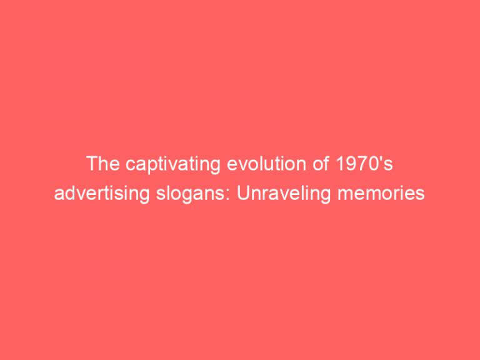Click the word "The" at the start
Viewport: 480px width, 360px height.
(101, 164)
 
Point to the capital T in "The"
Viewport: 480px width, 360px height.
(91, 164)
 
